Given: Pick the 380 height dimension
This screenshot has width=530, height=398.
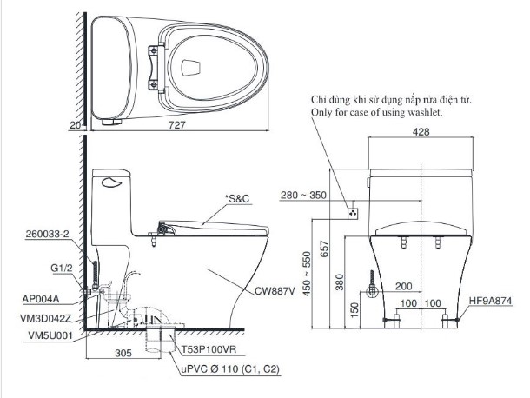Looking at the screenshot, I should pos(341,282).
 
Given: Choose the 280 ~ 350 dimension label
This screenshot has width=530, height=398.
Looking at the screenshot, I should pos(304,195).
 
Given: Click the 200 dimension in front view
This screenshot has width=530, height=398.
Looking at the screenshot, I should pos(403,286).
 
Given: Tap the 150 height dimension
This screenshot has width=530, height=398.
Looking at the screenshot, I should pos(341,308).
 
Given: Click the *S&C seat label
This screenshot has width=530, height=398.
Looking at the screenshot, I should pos(237,199).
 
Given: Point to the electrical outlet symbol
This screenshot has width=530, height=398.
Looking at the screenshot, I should pos(354,211).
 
